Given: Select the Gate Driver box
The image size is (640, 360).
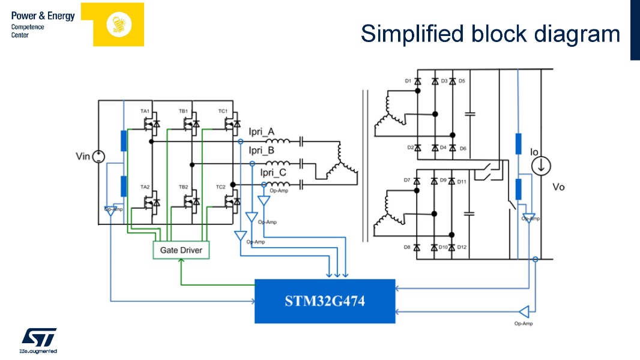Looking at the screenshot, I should coord(181,250).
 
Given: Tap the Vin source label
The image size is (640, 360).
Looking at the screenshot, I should coord(82,157).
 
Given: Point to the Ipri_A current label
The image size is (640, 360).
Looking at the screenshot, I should coord(262,131).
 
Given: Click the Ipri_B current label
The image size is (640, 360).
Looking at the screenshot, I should coord(262,151).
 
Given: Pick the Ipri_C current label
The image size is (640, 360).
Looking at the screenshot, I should coord(273,173).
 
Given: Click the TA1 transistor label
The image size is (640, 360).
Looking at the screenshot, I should coord(145,112).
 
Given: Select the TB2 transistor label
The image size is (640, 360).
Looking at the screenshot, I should coord(183,187).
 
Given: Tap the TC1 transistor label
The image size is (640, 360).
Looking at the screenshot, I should coord(222,112).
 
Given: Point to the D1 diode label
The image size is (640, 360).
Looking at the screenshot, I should coord(408,80).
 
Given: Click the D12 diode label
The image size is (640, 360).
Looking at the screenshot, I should coord(462,247).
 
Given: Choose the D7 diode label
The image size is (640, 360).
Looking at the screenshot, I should coord(407,181).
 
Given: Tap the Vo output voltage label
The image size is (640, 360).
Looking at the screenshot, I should coord(558,187).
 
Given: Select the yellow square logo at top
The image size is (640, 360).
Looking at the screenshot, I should coord(118,25).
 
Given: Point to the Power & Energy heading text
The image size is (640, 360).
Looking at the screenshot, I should coord(43,16).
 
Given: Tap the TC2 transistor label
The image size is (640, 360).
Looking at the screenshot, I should coord(220,187).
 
